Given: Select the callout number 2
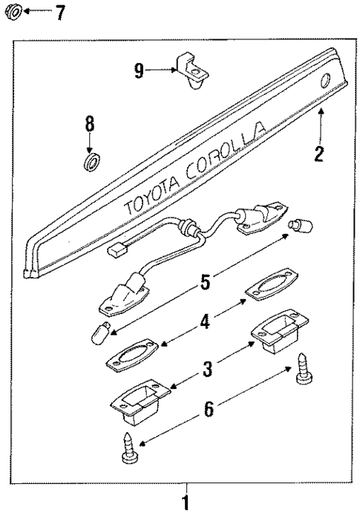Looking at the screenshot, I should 319,154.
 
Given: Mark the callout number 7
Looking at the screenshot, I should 59,12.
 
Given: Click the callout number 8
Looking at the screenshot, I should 89,122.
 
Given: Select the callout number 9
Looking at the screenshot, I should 138,71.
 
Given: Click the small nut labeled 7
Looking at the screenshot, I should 14,12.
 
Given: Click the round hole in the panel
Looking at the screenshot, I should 325,82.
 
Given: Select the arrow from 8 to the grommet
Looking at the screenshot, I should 89,141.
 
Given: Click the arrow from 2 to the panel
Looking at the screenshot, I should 320,126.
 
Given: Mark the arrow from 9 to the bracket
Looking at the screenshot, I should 160,71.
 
